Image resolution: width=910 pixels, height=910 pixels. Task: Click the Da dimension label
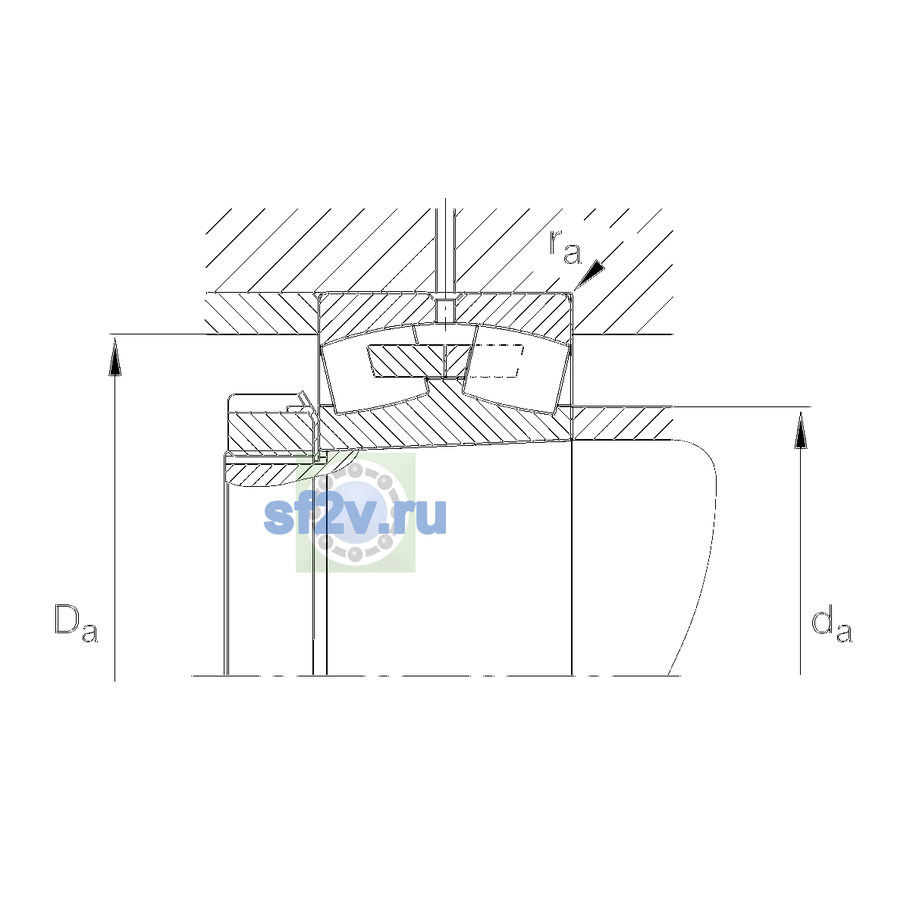(76, 623)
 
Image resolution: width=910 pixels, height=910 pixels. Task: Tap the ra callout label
(565, 247)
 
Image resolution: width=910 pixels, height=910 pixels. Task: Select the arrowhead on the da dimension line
(800, 430)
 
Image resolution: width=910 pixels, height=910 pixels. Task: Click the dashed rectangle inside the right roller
(494, 361)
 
